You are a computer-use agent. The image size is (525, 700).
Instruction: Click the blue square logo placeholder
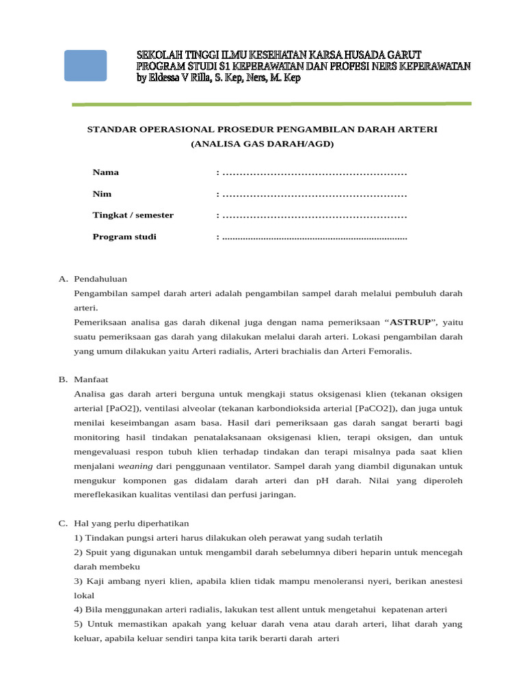[x=85, y=66]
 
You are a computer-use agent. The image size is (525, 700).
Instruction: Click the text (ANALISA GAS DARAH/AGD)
[x=262, y=144]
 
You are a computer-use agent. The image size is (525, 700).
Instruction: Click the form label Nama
[x=106, y=172]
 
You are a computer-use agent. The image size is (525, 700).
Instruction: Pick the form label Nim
[x=102, y=194]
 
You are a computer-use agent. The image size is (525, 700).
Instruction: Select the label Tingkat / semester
[x=133, y=215]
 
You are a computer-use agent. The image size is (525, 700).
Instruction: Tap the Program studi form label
[x=124, y=237]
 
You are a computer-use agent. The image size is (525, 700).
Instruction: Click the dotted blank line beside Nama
[x=314, y=173]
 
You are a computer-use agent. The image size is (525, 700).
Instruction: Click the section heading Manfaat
[x=91, y=379]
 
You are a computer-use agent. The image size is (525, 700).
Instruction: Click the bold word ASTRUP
[x=410, y=322]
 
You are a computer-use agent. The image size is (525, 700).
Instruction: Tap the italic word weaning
[x=135, y=466]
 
